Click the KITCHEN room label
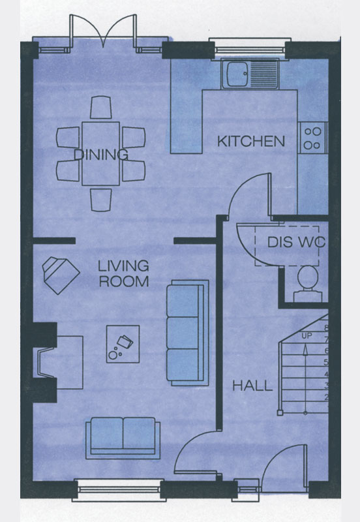click(251, 142)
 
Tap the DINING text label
click(101, 155)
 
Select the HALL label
click(252, 386)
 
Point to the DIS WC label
click(296, 242)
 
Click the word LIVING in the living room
click(123, 266)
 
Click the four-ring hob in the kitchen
click(313, 138)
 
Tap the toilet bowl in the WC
click(307, 277)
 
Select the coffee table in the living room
click(123, 344)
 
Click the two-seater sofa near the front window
click(123, 438)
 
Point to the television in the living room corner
click(61, 275)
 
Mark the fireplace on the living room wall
click(46, 362)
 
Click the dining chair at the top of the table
click(101, 107)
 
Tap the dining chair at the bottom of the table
click(101, 200)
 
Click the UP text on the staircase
click(307, 336)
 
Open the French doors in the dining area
click(103, 33)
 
